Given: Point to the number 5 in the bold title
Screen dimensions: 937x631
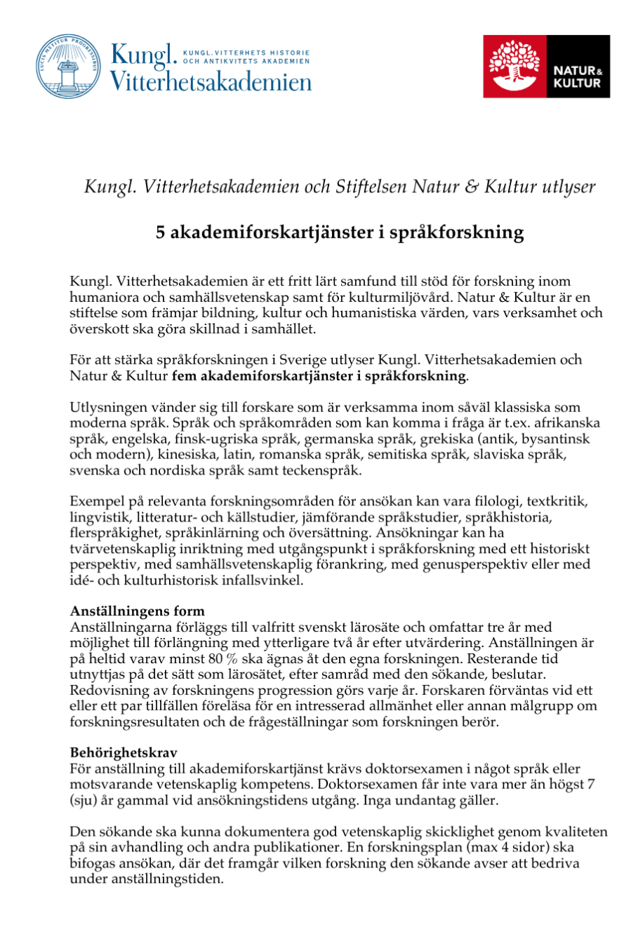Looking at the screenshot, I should [x=161, y=232].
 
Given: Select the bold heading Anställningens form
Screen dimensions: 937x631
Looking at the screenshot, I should [x=138, y=611].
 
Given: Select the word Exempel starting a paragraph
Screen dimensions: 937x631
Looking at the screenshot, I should [x=93, y=503].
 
